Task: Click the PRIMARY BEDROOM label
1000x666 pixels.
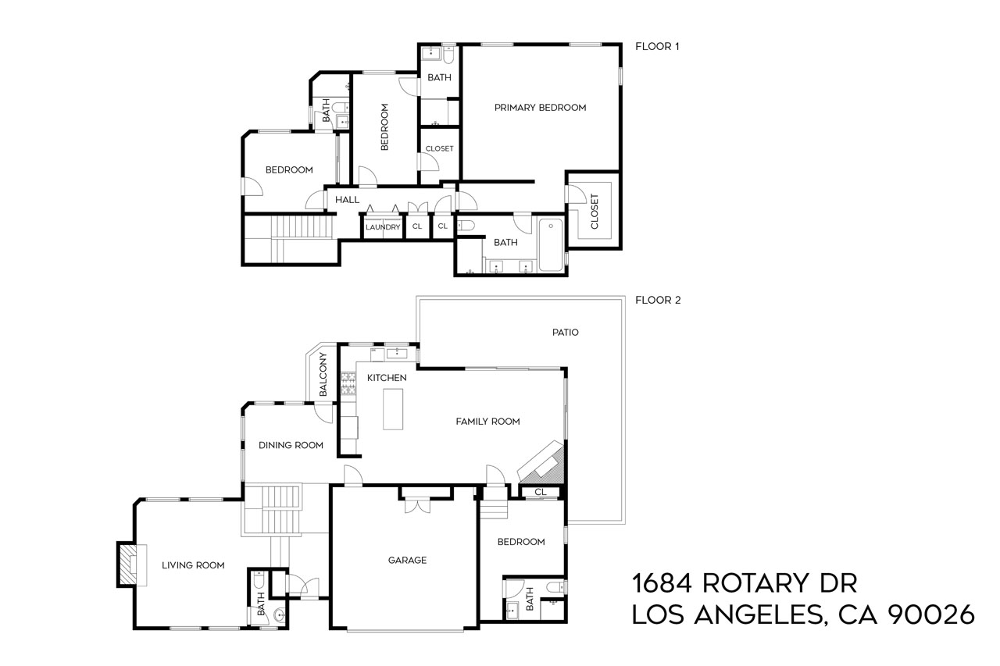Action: (540, 108)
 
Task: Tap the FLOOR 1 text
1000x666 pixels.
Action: (657, 46)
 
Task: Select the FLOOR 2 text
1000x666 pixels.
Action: (658, 300)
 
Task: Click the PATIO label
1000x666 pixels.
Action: (565, 332)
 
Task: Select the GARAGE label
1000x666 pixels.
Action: (408, 560)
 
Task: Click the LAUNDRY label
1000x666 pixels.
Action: (383, 227)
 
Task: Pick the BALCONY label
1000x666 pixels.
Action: (323, 375)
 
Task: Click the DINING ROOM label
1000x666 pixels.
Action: (291, 445)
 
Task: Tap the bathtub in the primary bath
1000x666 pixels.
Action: (551, 244)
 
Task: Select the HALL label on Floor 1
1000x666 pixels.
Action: (347, 200)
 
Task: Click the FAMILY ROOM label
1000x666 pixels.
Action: (487, 422)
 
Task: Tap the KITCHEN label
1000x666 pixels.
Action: (387, 378)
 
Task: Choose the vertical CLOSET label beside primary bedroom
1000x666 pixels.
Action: (594, 211)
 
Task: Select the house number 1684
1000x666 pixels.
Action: (662, 583)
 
